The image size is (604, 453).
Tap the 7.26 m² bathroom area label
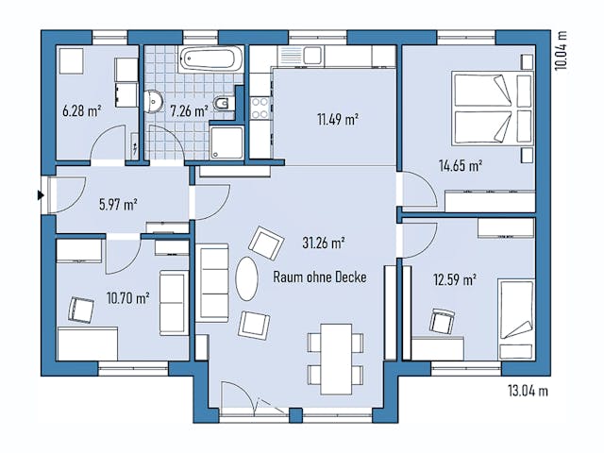[189, 110]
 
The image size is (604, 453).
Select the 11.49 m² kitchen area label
[337, 119]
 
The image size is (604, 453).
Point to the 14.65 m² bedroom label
[461, 165]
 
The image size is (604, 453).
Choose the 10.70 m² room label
[127, 298]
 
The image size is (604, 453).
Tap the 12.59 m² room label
[454, 279]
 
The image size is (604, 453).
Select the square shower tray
[227, 143]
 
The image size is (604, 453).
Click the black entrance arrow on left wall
[40, 195]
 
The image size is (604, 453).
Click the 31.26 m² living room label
[322, 243]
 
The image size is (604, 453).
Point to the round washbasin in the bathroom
[157, 97]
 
